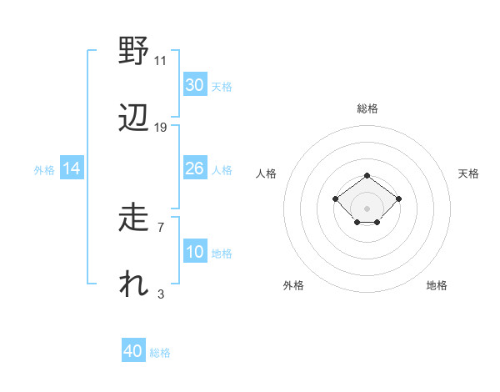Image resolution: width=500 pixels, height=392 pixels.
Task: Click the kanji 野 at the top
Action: tap(133, 52)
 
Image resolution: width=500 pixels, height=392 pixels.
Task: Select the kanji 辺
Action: tap(133, 118)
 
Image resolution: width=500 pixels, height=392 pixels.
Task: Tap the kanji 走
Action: tap(133, 219)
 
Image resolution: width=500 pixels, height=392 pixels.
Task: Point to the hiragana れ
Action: tap(133, 285)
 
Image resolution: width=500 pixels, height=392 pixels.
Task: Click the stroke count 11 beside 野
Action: tap(161, 60)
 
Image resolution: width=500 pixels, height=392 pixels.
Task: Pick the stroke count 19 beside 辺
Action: tap(161, 127)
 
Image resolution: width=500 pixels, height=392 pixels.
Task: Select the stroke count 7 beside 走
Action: tap(161, 227)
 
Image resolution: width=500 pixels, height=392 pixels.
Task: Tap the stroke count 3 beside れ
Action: tap(161, 294)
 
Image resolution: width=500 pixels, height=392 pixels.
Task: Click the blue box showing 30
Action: tap(194, 85)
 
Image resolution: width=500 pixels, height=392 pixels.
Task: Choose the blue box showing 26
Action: tap(194, 168)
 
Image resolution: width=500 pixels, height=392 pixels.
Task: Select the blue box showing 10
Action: tap(194, 252)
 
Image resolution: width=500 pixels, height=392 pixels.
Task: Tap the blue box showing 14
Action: tap(72, 168)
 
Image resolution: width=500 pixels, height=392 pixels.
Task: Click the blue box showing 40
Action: tap(133, 351)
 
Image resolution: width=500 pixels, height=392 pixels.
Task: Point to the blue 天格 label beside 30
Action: tap(222, 87)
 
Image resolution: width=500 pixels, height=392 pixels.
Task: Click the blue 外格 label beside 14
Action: tap(44, 170)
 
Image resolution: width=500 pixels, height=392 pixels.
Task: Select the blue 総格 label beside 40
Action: tap(160, 353)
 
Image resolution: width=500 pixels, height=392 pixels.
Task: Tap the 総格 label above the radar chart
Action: tap(367, 108)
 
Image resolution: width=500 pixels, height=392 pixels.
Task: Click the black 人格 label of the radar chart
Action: tap(267, 173)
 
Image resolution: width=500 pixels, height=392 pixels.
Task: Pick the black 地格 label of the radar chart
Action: tap(437, 285)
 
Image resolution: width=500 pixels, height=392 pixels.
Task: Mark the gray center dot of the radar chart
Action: tap(367, 208)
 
